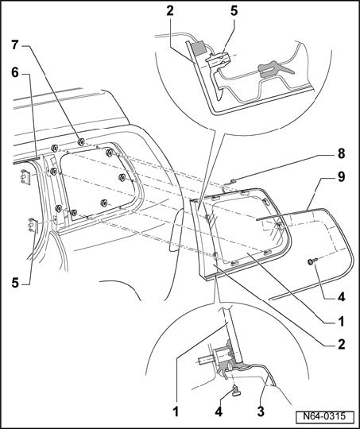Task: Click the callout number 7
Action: tap(15, 45)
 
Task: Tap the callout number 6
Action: tap(15, 73)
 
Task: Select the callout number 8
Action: tap(341, 154)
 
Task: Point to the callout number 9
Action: tap(341, 176)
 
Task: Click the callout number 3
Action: tap(261, 412)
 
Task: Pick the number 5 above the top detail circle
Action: tap(234, 11)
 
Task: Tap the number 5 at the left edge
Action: tap(15, 283)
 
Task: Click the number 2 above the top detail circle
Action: tap(170, 11)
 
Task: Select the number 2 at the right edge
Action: tap(341, 344)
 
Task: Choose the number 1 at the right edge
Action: tap(341, 321)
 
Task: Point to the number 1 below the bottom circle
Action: tap(176, 412)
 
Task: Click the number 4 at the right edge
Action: tap(341, 297)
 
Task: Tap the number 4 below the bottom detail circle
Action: tap(219, 412)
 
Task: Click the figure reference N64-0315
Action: tap(324, 416)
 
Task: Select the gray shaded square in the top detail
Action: tap(199, 48)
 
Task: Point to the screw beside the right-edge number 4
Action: tap(312, 261)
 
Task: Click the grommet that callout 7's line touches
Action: tap(81, 142)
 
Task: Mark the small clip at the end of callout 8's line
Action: tap(233, 181)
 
